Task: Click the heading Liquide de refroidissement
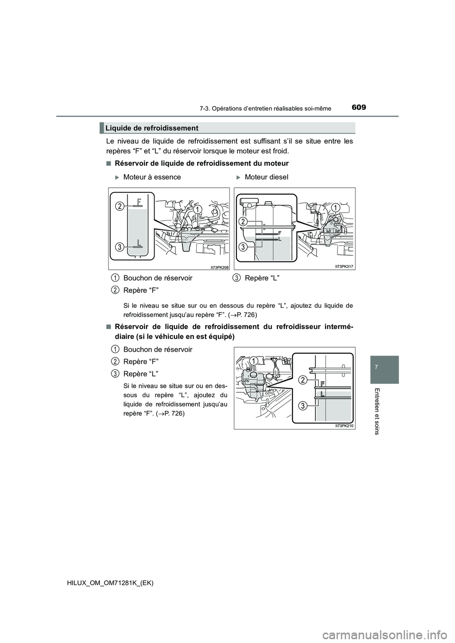tap(152, 128)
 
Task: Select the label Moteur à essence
tap(152, 177)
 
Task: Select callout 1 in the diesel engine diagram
tap(337, 207)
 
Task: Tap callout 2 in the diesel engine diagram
tap(243, 222)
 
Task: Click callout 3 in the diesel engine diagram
tap(243, 247)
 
